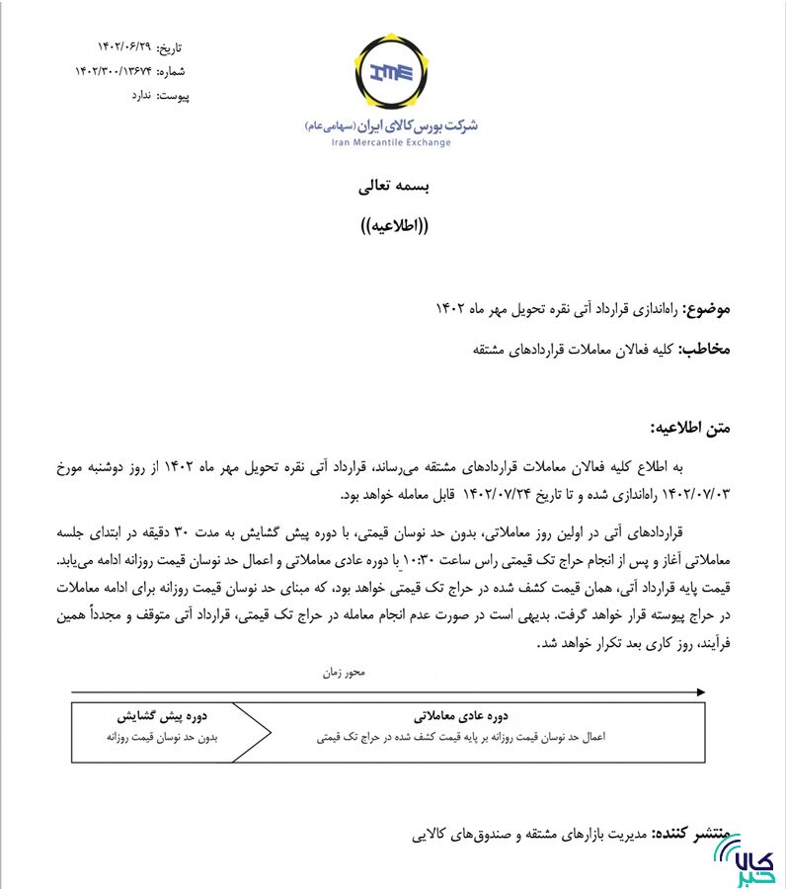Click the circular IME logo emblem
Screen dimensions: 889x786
pos(392,72)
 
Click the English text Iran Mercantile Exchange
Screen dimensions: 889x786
pos(391,143)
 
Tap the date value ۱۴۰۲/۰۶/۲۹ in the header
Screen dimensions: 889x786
pos(124,47)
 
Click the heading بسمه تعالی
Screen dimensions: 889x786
pos(393,185)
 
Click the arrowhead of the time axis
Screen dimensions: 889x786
pos(700,688)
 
